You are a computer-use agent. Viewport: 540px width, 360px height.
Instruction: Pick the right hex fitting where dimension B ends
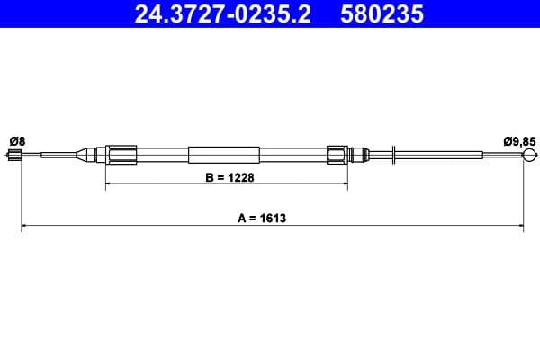pyautogui.click(x=337, y=155)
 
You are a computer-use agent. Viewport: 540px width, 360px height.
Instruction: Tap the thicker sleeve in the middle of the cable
pyautogui.click(x=225, y=155)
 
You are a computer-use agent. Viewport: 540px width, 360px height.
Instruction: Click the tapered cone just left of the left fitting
pyautogui.click(x=91, y=155)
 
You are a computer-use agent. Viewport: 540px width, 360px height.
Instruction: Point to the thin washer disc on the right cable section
pyautogui.click(x=395, y=155)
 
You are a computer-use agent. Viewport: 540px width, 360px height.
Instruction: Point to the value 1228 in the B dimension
pyautogui.click(x=238, y=177)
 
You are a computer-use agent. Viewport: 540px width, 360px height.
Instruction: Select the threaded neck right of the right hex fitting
pyautogui.click(x=359, y=155)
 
